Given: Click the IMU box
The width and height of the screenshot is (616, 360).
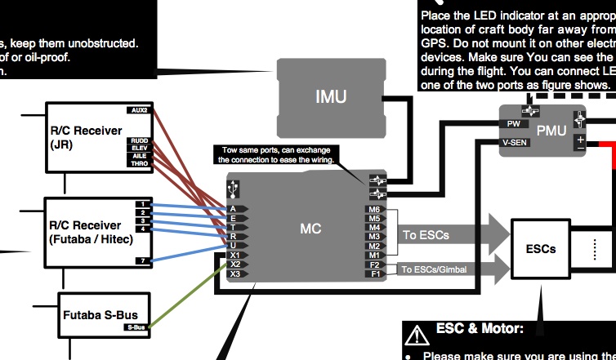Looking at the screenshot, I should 331,97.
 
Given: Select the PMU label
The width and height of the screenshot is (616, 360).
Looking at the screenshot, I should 550,130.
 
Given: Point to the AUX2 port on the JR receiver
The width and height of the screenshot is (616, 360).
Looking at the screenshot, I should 138,110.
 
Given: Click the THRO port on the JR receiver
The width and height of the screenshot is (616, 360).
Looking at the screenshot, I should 138,163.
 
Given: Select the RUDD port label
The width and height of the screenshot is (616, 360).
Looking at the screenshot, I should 138,141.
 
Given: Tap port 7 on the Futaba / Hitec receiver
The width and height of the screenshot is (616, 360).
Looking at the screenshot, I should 142,260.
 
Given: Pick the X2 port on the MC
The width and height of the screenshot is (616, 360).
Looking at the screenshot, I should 235,264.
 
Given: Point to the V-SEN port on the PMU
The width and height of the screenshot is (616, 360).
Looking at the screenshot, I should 511,143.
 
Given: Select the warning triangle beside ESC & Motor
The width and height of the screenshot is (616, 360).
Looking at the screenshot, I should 418,333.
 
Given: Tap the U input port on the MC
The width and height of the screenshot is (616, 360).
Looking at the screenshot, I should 234,245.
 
